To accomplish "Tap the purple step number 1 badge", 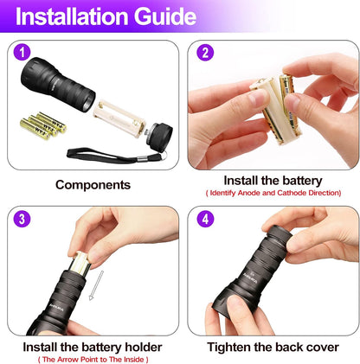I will point(22,53).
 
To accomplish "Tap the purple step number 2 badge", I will point(204,53).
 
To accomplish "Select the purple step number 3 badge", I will point(22,220).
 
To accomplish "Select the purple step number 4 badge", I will point(204,220).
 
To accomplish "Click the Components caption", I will point(93,184).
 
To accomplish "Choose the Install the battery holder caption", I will point(93,347).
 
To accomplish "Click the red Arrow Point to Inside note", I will point(93,359).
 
